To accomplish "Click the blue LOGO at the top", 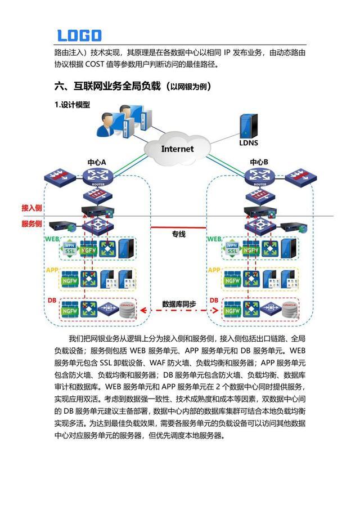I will (x=79, y=35).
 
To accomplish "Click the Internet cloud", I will (x=177, y=149).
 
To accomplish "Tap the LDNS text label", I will (x=248, y=143).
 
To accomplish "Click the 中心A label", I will (x=97, y=162).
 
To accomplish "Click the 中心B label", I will (x=259, y=162).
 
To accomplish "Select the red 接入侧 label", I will (x=32, y=208).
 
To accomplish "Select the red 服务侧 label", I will (x=32, y=223).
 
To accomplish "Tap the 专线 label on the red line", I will (x=178, y=234).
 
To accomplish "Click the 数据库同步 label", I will (x=179, y=304).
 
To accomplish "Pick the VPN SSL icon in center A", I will (x=70, y=249).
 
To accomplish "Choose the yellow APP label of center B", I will (x=214, y=270).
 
